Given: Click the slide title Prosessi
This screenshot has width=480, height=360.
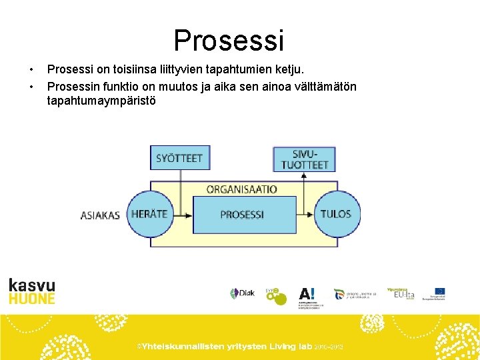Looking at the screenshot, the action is [x=229, y=40].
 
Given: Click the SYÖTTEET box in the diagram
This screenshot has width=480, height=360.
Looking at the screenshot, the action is [x=179, y=158].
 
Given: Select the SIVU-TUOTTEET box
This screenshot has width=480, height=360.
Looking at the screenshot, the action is [x=305, y=159].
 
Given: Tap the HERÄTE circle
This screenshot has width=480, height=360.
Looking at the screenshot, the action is [x=149, y=214].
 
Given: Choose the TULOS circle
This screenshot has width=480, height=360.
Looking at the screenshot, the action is [x=335, y=214].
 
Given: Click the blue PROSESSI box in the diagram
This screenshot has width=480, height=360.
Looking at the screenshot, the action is [x=243, y=215].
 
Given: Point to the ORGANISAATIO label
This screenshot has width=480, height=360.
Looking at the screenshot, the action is [x=241, y=189].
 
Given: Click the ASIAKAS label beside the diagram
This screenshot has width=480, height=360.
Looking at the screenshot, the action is [x=100, y=215].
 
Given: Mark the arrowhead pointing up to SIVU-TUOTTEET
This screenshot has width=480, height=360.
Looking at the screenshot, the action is [x=304, y=175].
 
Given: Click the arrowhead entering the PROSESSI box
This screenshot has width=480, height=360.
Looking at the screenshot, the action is [x=189, y=215].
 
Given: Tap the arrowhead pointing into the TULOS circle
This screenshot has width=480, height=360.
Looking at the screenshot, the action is [x=311, y=215].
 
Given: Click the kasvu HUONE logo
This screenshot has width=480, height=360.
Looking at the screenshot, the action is [x=32, y=291].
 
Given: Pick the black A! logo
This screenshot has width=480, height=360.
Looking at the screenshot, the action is [x=307, y=293].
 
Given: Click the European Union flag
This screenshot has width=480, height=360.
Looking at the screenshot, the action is [x=439, y=291].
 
